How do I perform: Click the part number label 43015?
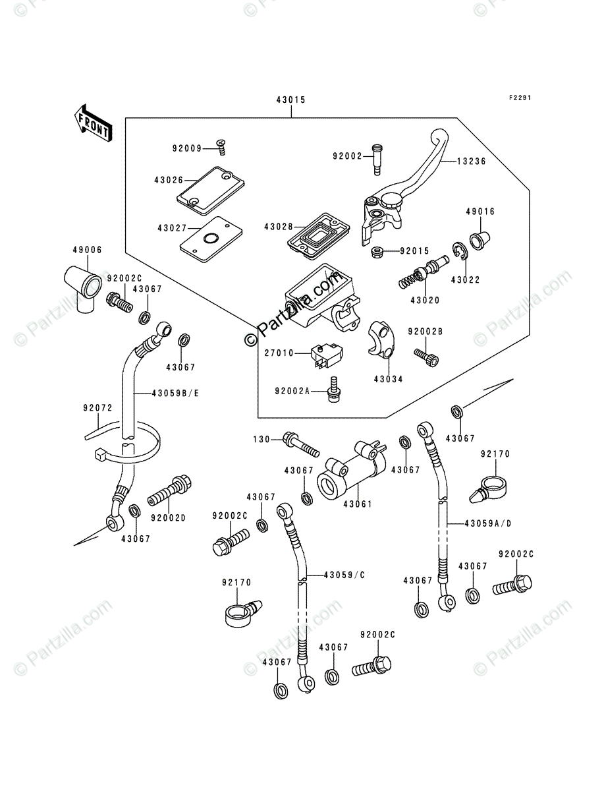pos(290,100)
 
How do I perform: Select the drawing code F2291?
pos(519,98)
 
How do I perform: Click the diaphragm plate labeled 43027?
pos(208,238)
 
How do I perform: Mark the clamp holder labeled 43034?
pos(381,338)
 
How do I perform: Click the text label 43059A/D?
pos(487,523)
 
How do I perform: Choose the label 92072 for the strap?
pos(94,409)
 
